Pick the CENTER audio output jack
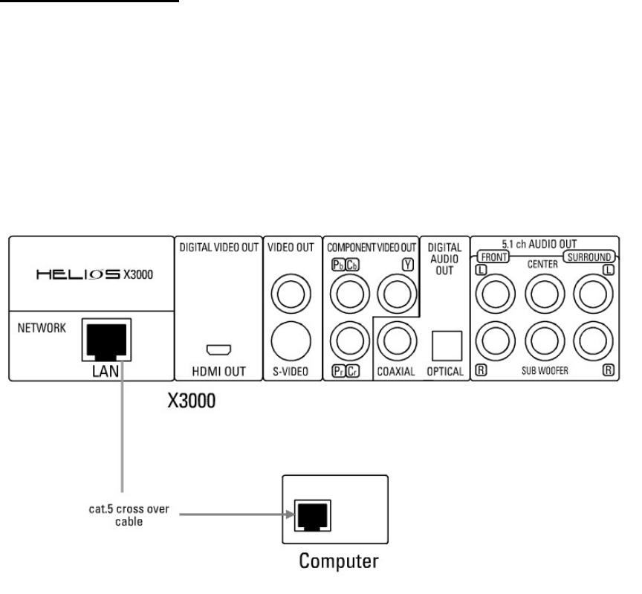tap(545, 296)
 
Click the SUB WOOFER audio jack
tap(545, 343)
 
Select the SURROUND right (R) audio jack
tap(594, 343)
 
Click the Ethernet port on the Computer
tap(308, 512)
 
